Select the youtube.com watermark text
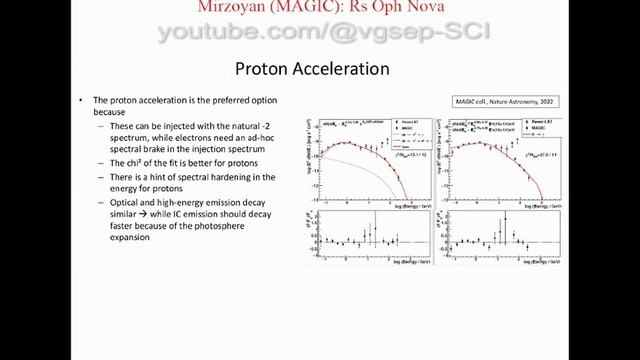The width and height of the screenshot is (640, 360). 320,33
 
